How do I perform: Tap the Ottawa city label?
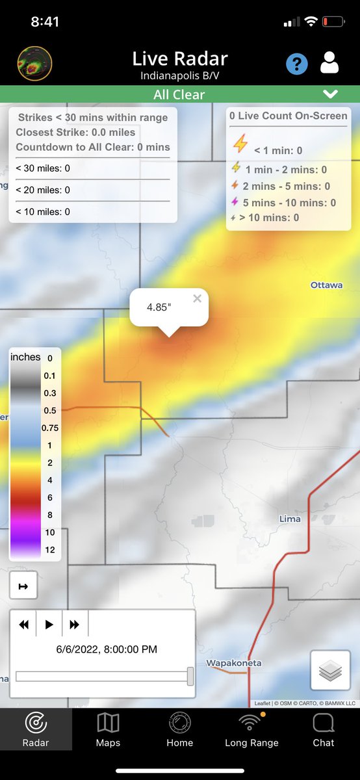[326, 285]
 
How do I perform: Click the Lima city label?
[290, 519]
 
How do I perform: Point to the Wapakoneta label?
[233, 663]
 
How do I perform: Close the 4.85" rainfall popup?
[198, 298]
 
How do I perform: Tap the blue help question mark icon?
[297, 64]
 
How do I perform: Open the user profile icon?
[329, 63]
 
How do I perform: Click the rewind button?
[24, 625]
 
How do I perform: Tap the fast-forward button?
[75, 625]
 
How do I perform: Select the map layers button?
[331, 670]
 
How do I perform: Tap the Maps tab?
[108, 729]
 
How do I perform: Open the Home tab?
[180, 729]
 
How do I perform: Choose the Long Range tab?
[251, 729]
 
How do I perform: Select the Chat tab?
[324, 729]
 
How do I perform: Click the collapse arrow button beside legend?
[23, 586]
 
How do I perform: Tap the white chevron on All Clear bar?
[330, 94]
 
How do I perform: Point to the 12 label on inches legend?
[49, 550]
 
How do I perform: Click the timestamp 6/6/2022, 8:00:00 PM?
[107, 649]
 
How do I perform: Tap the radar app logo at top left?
[34, 63]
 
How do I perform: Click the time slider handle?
[190, 676]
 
